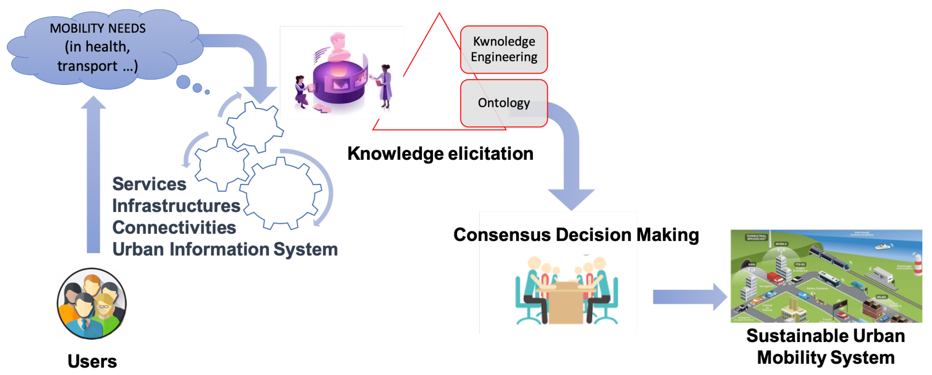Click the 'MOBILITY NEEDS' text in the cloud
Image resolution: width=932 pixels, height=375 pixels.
pos(98,28)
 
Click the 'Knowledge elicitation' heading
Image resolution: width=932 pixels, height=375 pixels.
pos(440,154)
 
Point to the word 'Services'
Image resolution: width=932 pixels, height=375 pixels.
pos(149,184)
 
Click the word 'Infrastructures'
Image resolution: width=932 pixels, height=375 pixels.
pos(176,206)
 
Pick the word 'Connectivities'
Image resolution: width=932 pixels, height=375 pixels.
pos(174,228)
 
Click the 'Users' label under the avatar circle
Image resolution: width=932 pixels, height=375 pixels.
pos(92,361)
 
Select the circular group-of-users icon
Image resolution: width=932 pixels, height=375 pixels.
pos(92,304)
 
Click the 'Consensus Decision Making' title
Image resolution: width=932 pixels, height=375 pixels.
pos(576,235)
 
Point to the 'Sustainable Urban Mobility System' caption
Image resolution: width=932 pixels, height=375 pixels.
pos(826,346)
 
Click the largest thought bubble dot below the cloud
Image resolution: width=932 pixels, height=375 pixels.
pos(183,82)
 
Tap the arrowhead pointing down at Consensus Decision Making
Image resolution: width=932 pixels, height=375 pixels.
pos(571,199)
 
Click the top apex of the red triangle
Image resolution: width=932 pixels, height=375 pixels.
pos(439,14)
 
